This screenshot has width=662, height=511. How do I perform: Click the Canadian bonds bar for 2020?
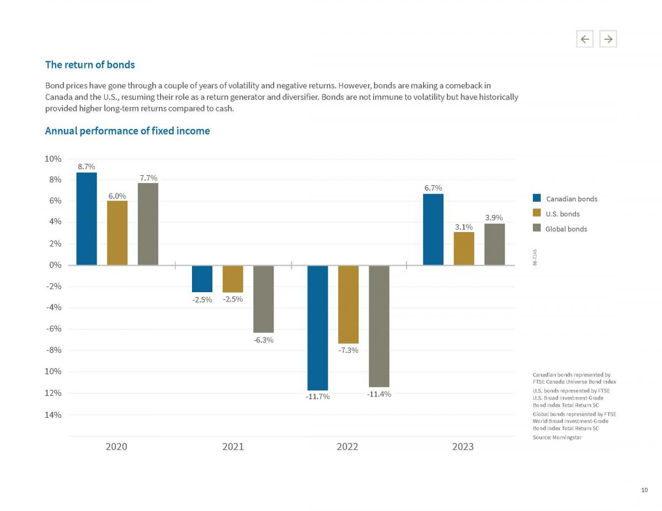(87, 219)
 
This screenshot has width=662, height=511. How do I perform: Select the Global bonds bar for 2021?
(264, 299)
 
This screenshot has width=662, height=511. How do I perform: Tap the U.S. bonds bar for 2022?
(348, 304)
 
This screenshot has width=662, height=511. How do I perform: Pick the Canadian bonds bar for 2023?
(433, 229)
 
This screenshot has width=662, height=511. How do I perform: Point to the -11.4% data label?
(379, 394)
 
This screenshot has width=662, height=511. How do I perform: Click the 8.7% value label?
(86, 166)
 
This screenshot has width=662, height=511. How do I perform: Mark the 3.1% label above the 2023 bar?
(463, 226)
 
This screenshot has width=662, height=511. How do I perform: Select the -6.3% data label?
(264, 340)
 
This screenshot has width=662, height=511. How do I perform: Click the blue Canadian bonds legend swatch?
(537, 198)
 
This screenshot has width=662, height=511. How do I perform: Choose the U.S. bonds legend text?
(562, 214)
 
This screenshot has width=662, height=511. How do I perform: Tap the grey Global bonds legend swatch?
(537, 228)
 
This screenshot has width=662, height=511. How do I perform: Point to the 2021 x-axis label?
(233, 447)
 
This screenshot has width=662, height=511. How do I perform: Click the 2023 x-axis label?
(463, 447)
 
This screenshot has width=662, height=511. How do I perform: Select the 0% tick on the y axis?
(54, 265)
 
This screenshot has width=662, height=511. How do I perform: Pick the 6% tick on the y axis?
(54, 201)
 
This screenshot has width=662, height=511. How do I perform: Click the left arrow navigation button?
(585, 39)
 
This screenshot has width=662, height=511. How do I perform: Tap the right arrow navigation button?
(608, 39)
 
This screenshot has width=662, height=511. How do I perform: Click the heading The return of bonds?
(90, 64)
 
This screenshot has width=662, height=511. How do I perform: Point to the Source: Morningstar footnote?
(557, 437)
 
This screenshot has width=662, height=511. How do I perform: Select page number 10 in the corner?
(644, 490)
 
